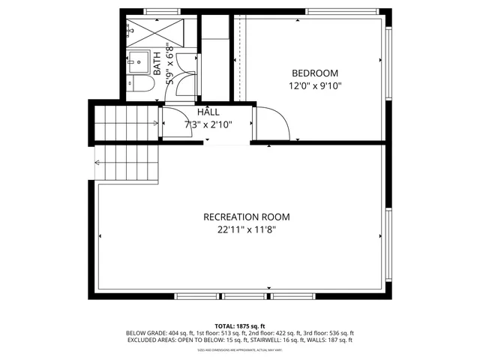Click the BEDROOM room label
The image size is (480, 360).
pos(315,73)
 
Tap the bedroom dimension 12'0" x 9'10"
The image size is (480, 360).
pos(316,85)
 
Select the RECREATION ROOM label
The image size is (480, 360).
pos(246,217)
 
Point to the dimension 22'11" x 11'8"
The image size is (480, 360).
pos(246,229)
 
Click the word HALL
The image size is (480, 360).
pos(208,112)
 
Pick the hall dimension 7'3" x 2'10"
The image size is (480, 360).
pos(208,124)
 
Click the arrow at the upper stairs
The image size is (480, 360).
pos(156,122)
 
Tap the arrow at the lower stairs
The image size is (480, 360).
pos(97,161)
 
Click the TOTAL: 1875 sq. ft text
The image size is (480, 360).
pos(239,326)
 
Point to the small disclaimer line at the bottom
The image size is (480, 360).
pos(239,349)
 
